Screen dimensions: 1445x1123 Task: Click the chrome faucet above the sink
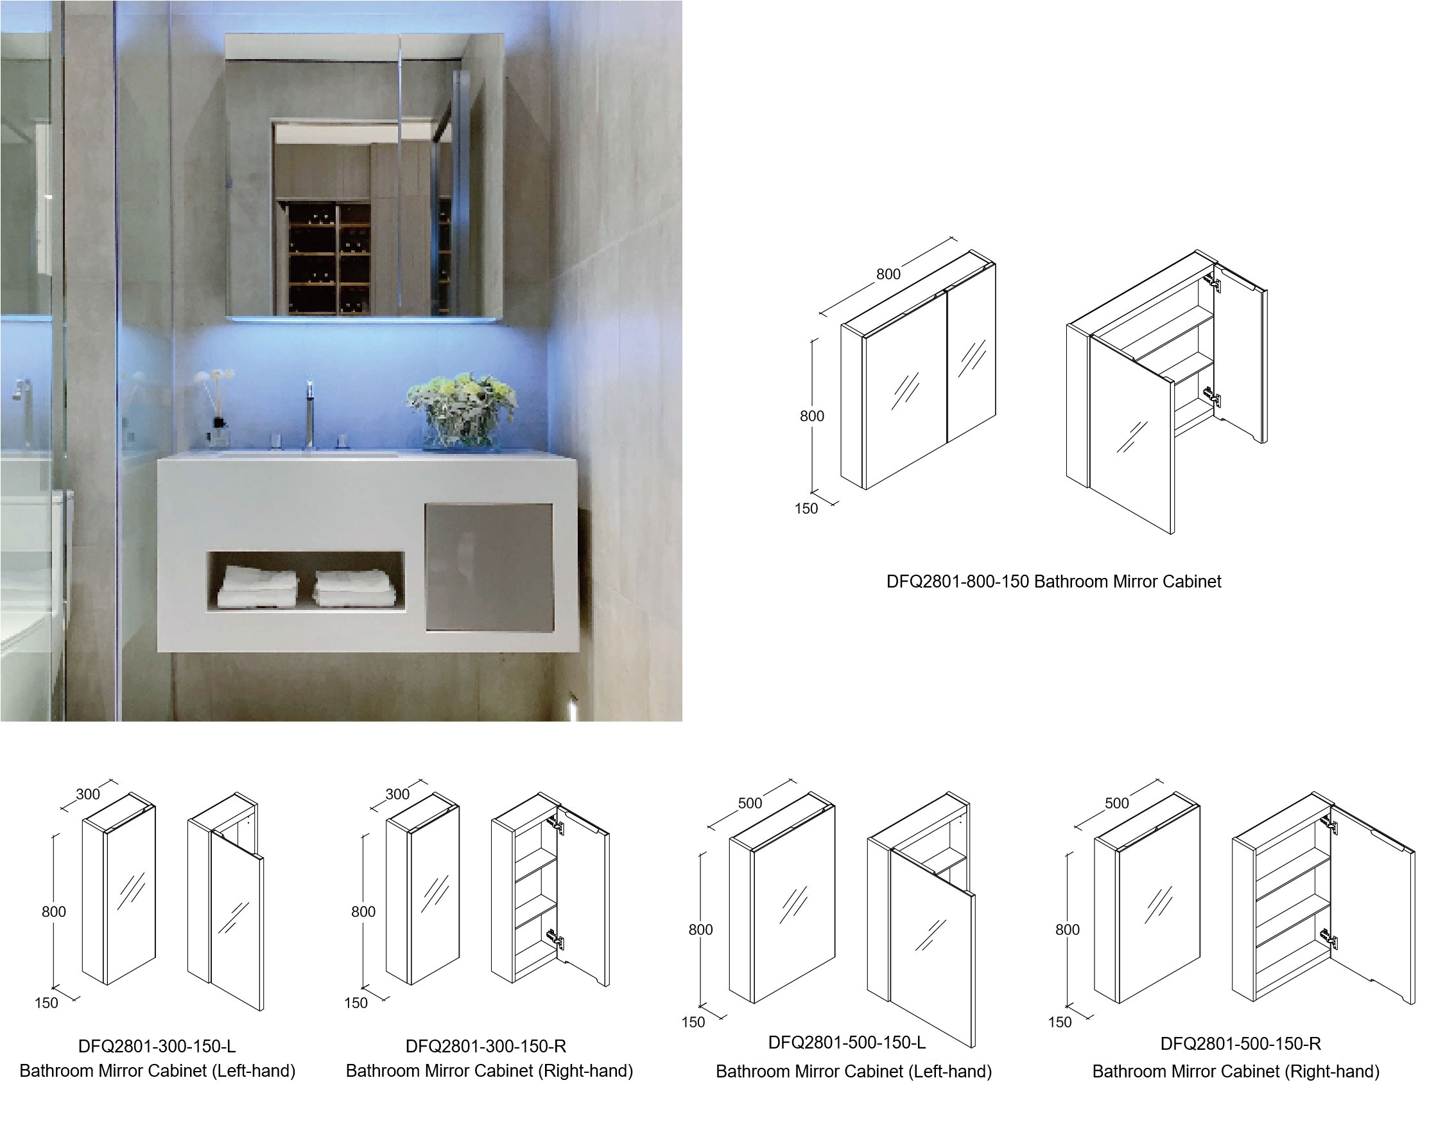308,414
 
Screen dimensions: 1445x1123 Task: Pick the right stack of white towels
354,588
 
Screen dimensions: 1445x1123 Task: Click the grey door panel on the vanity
489,568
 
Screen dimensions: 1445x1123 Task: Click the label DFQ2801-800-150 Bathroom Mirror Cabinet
1053,582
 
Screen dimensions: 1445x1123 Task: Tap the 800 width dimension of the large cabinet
888,274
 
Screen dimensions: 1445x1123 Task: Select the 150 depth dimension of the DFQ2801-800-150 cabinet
806,509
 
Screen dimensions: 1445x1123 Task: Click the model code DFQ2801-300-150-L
157,1046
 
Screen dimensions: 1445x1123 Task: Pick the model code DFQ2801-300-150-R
486,1046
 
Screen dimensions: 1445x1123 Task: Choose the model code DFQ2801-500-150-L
847,1042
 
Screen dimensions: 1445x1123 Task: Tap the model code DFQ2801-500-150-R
1241,1043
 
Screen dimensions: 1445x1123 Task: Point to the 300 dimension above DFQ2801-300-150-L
88,794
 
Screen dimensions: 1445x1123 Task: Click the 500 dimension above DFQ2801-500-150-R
1117,803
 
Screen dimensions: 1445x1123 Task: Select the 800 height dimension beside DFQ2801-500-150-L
700,930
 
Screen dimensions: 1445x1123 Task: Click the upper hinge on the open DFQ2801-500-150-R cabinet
1329,824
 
